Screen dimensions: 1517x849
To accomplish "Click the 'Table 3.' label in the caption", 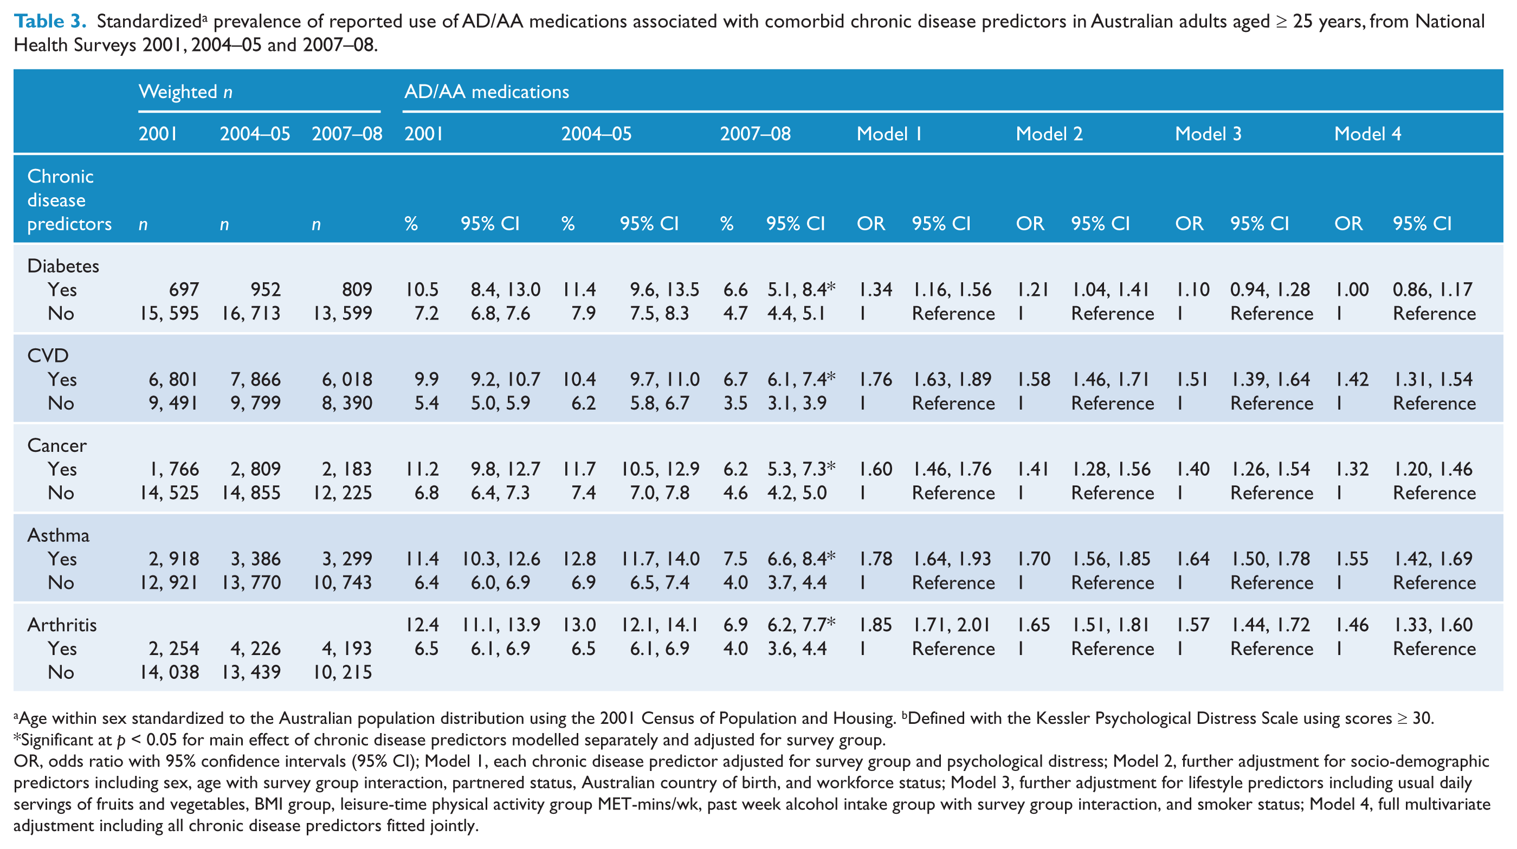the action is (x=50, y=21).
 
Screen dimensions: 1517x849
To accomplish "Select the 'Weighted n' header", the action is (x=185, y=92).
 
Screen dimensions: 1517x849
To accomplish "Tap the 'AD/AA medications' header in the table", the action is (x=487, y=92).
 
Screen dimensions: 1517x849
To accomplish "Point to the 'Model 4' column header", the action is (x=1367, y=134).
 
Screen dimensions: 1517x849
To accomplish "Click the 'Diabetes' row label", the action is (x=63, y=265).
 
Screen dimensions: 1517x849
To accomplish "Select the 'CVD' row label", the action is (x=48, y=355).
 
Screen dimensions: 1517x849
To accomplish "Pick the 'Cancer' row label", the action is (x=56, y=445).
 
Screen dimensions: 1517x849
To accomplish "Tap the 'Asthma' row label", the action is (x=59, y=535).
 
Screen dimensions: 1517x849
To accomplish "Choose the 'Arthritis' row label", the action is (x=62, y=625).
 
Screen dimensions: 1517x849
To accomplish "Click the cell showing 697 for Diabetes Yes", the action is (x=184, y=290).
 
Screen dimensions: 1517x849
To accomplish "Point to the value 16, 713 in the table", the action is (x=251, y=313).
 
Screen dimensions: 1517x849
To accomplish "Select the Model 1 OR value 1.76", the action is (x=876, y=379).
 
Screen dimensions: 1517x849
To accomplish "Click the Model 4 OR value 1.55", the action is (x=1352, y=559).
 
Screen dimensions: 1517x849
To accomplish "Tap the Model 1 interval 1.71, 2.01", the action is (x=952, y=625).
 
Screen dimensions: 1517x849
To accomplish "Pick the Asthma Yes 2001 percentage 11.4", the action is (x=422, y=559).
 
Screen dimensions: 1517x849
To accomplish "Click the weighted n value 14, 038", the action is (x=169, y=672).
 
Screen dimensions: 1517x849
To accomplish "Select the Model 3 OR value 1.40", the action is (x=1193, y=469).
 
